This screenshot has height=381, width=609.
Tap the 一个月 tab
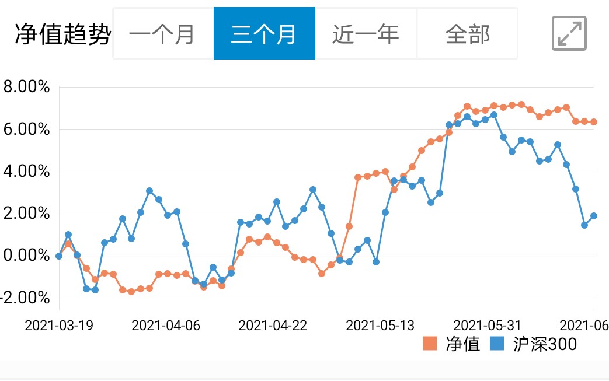[x=162, y=34]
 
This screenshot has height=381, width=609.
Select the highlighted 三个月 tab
[x=264, y=34]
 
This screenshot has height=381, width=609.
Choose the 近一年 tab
[x=366, y=34]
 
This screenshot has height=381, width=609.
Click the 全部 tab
[x=467, y=34]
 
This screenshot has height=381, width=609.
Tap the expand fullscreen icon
[x=569, y=33]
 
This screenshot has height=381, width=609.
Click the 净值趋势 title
[x=62, y=34]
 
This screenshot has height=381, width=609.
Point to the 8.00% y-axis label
[x=26, y=88]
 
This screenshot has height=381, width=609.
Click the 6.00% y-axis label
[x=26, y=130]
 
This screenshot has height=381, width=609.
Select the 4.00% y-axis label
[x=26, y=172]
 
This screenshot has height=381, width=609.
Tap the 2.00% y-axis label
[x=26, y=214]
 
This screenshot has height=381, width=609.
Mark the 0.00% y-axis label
[x=26, y=256]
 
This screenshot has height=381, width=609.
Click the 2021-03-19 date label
[x=59, y=325]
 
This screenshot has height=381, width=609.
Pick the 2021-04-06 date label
[x=166, y=325]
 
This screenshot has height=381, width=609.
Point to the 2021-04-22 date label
[x=273, y=325]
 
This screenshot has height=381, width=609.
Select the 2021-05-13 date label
[x=380, y=325]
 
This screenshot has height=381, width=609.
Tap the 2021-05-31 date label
[x=487, y=325]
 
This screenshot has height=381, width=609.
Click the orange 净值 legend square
[x=430, y=344]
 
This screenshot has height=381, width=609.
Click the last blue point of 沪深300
[x=593, y=216]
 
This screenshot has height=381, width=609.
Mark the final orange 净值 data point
[x=593, y=122]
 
